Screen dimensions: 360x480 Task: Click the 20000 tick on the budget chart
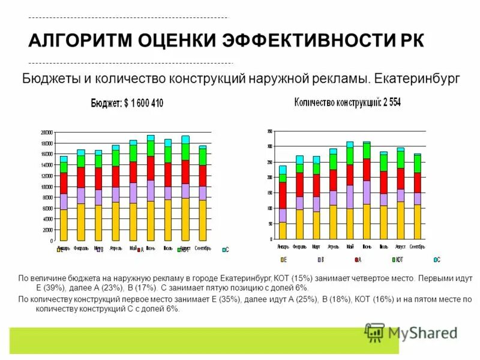[47, 132]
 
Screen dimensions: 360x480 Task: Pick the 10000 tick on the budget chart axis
[47, 187]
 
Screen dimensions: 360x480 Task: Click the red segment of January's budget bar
[64, 183]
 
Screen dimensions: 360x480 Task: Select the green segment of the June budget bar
[151, 148]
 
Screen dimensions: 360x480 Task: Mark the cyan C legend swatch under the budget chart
[224, 249]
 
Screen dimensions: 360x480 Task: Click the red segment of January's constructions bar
[283, 195]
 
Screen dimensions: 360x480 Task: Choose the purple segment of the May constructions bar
[350, 197]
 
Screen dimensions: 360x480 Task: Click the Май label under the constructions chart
[350, 247]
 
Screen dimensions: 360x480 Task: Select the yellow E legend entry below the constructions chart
[283, 259]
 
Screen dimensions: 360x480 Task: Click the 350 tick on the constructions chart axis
[269, 131]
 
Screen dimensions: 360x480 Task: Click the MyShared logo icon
[375, 332]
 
